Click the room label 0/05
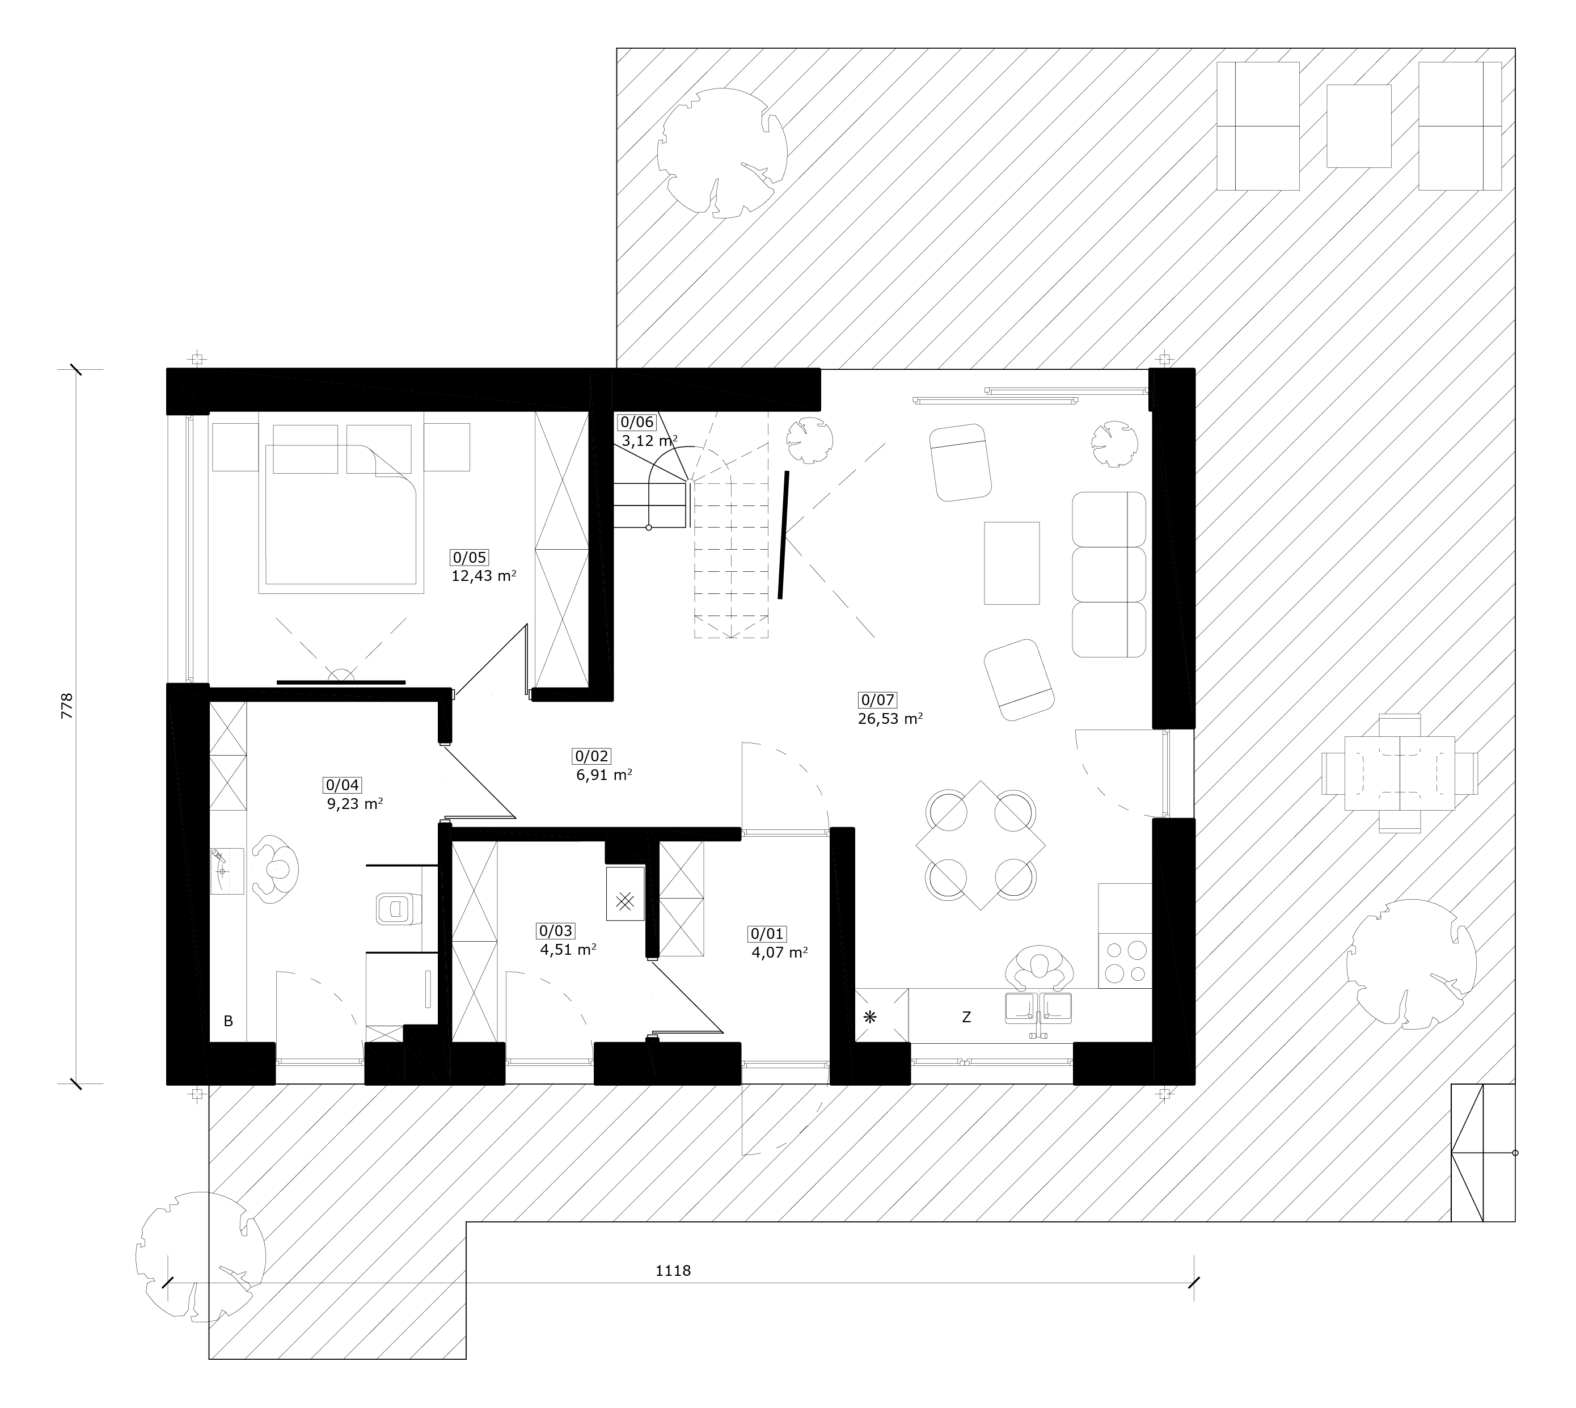pos(470,557)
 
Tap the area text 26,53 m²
pos(890,719)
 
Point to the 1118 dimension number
pos(673,1270)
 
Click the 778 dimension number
pos(66,706)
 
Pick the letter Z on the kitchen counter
pos(966,1017)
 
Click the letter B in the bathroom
pos(228,1021)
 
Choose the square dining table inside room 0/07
pos(981,845)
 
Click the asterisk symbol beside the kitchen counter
pos(870,1017)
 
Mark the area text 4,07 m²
pos(780,952)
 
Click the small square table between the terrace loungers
pos(1359,126)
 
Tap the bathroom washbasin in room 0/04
pos(227,871)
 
